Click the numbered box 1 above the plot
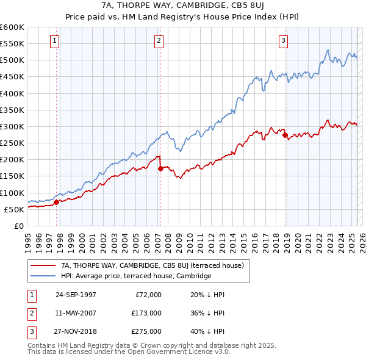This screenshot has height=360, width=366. pos(55,41)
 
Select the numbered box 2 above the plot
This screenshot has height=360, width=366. pos(159,41)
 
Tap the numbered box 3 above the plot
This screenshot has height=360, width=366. pos(284,41)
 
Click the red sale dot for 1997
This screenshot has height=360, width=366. pos(57,202)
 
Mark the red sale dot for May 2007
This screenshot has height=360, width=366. pos(160,168)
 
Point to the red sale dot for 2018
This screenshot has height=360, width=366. pos(285,135)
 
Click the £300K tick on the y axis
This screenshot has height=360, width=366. pos(12,127)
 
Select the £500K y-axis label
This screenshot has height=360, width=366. pos(12,60)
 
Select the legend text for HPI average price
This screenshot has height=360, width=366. pos(136,276)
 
